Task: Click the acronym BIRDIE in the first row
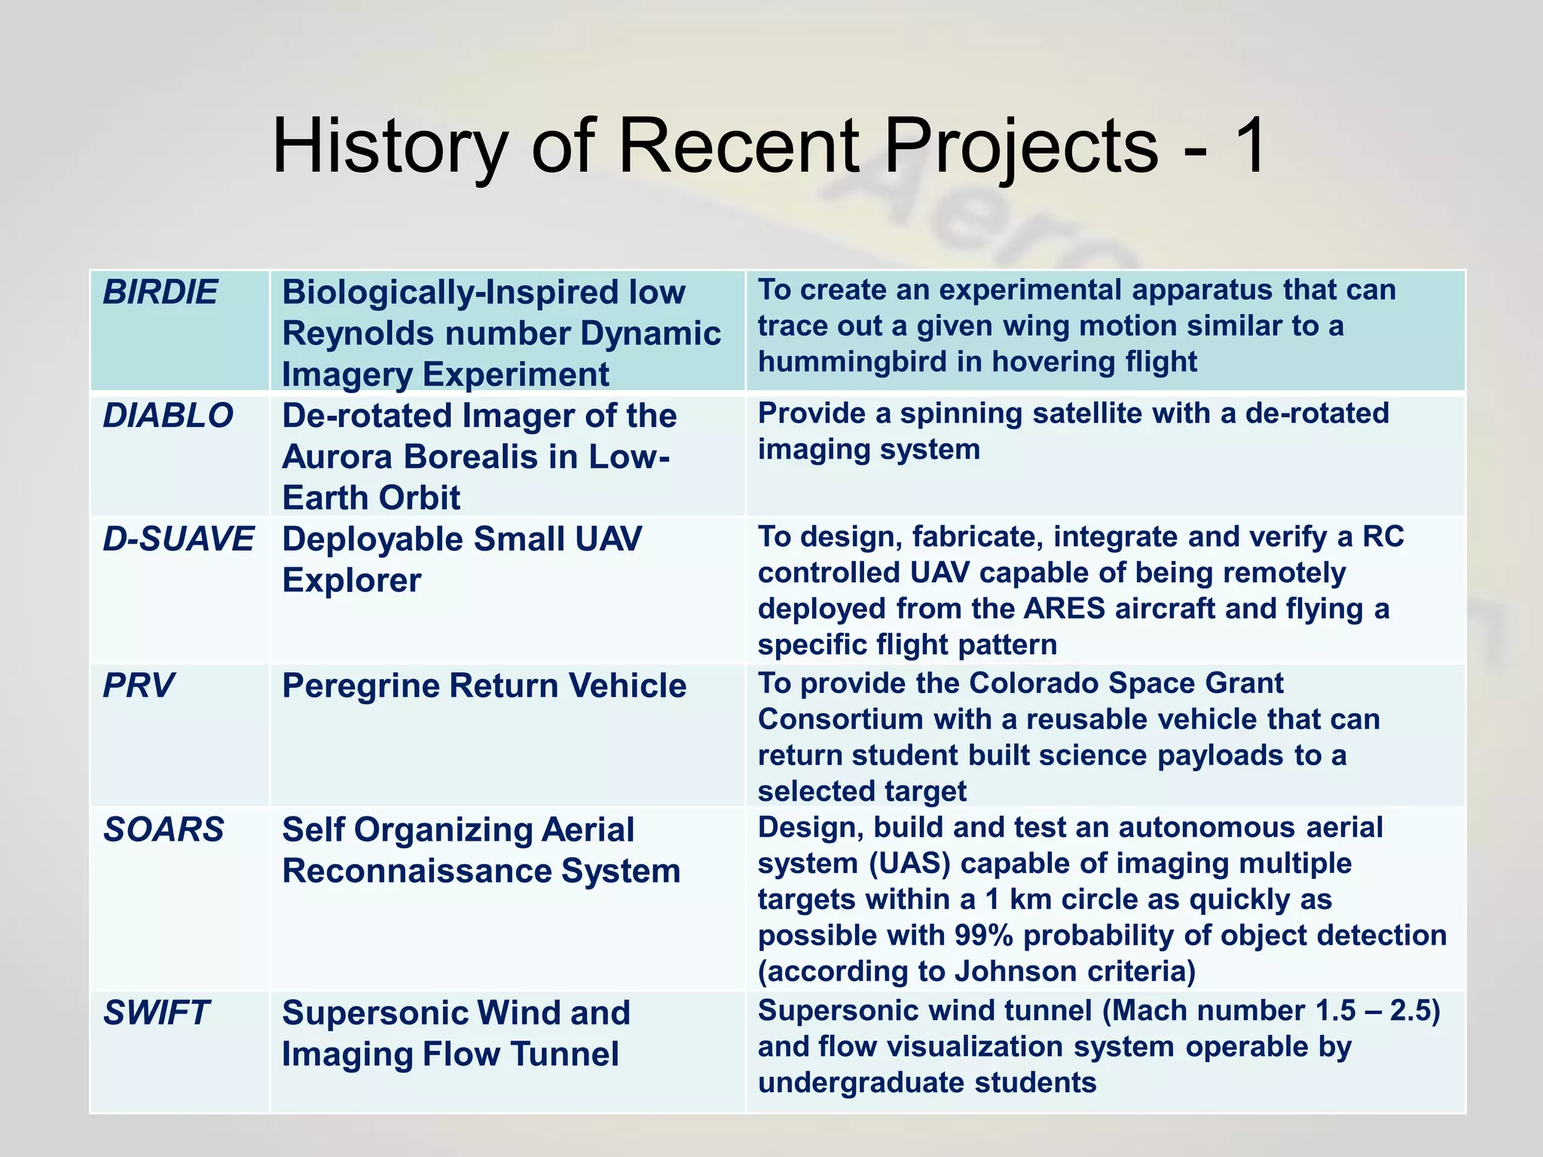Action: point(160,292)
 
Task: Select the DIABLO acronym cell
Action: point(167,416)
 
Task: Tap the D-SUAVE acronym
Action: point(178,539)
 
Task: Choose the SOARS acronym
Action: point(163,829)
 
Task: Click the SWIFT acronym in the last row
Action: point(155,1013)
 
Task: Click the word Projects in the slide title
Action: point(1020,146)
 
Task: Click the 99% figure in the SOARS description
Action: point(983,936)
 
